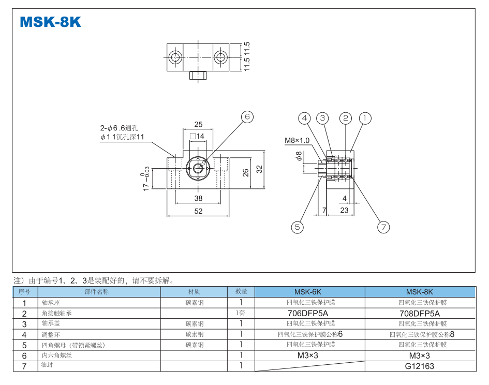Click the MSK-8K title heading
(50, 22)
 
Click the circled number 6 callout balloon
(247, 117)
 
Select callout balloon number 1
(365, 118)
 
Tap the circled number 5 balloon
(297, 227)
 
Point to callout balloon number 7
(383, 227)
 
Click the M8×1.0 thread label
(297, 140)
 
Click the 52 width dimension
(198, 211)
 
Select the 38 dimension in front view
(198, 199)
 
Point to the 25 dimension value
(198, 124)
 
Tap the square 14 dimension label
(198, 136)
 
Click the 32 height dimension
(259, 169)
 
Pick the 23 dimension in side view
(344, 211)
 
